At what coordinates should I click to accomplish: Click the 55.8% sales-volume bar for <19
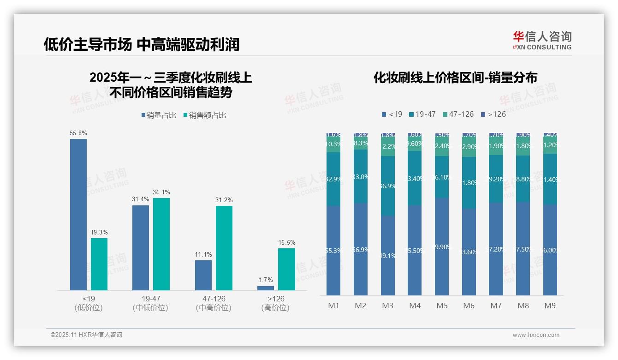78,215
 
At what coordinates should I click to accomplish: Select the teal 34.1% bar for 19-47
161,244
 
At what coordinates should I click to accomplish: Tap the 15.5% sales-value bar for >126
286,270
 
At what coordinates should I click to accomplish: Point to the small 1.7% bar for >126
266,288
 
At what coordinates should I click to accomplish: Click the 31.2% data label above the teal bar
224,200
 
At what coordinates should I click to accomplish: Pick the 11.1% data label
203,255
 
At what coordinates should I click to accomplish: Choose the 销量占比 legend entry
159,115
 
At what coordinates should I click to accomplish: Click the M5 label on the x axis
442,306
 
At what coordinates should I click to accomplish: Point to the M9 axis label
550,306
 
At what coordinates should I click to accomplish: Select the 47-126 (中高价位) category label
214,303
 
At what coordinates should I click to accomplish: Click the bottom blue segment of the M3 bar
388,255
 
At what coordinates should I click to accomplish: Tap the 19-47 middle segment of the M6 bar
469,183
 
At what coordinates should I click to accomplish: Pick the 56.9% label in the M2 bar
361,250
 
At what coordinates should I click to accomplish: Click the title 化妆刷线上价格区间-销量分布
455,78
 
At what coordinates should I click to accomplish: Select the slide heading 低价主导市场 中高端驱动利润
142,44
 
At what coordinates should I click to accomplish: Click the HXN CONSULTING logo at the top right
542,41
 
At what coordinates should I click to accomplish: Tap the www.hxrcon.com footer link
536,335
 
